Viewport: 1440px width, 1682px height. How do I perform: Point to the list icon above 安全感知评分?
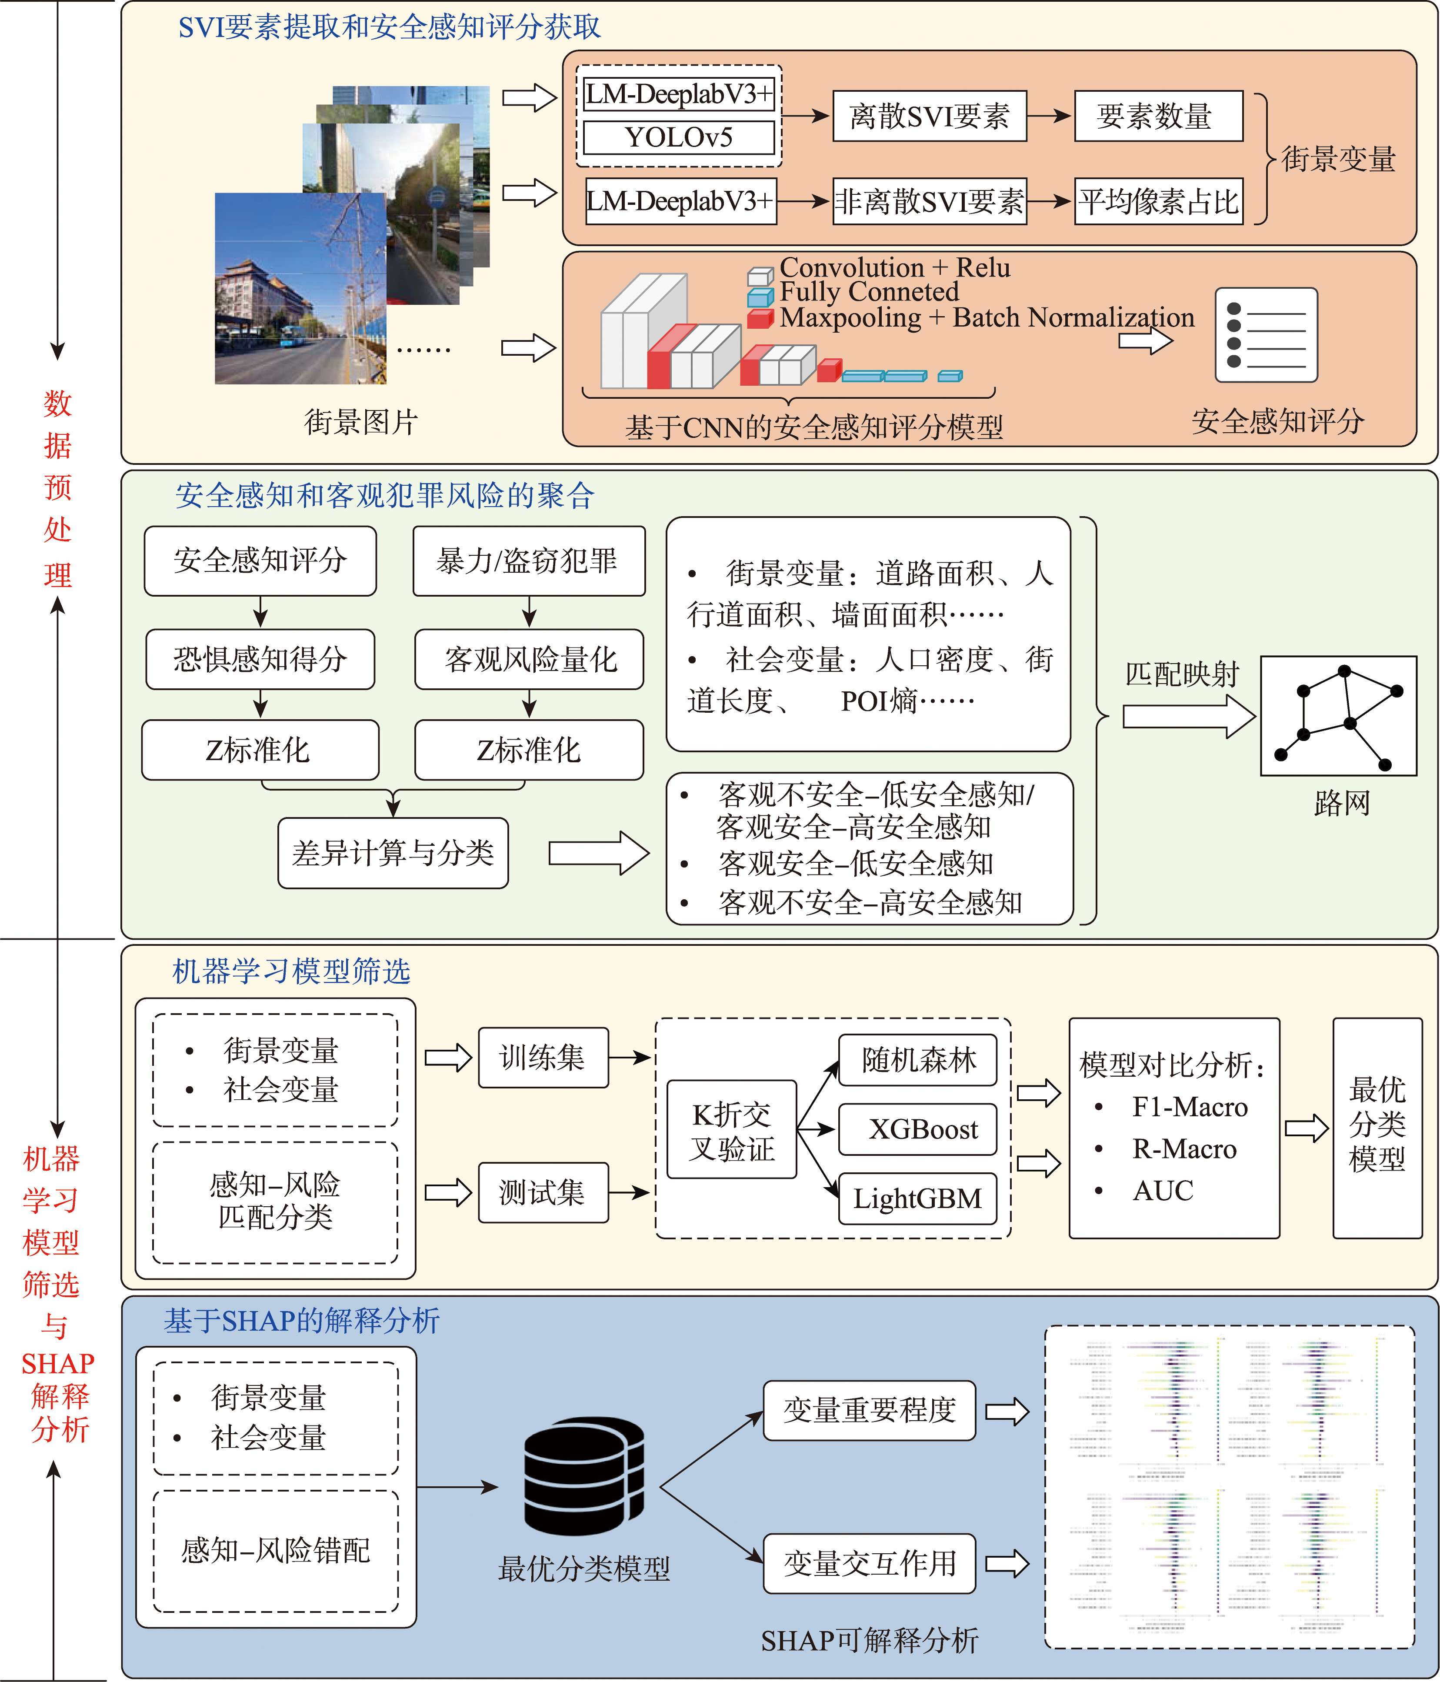(1266, 334)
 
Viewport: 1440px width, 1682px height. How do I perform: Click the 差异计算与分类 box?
(393, 852)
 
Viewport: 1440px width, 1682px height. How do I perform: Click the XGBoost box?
(917, 1128)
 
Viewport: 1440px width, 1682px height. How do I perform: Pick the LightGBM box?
(917, 1198)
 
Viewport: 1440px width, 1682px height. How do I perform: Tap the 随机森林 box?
(917, 1059)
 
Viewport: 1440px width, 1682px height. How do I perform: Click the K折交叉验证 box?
(731, 1129)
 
